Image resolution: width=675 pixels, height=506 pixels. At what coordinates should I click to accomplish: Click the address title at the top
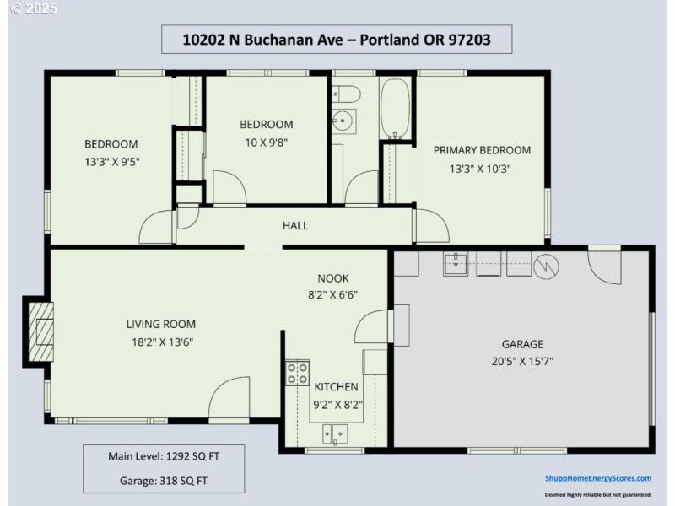tap(337, 39)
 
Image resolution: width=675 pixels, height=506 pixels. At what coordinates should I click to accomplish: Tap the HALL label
tap(295, 225)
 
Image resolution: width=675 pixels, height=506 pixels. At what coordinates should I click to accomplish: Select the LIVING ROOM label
tap(161, 324)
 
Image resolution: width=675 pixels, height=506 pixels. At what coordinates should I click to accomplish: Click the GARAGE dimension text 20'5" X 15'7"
tap(522, 362)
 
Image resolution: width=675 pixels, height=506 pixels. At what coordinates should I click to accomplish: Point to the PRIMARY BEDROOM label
tap(482, 150)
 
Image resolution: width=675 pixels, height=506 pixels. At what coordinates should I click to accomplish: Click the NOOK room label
tap(333, 278)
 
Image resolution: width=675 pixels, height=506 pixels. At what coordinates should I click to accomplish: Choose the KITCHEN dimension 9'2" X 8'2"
tap(337, 404)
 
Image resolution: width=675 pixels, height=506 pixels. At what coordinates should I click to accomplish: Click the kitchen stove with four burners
tap(297, 373)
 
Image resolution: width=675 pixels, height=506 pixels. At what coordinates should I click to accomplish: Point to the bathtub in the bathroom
tap(394, 108)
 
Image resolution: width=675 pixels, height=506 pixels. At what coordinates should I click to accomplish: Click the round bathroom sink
tap(343, 120)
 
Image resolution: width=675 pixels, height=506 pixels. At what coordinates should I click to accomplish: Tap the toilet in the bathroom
tap(343, 94)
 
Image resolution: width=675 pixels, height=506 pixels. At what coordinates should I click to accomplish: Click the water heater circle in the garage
tap(547, 265)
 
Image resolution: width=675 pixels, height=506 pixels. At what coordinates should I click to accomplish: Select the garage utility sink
tap(456, 263)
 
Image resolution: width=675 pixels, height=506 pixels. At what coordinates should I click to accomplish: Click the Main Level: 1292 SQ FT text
tap(164, 456)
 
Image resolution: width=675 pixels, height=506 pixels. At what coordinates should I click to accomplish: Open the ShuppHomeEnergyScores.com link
tap(597, 478)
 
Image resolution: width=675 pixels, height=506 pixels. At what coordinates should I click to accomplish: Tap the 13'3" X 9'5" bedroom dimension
tap(111, 161)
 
